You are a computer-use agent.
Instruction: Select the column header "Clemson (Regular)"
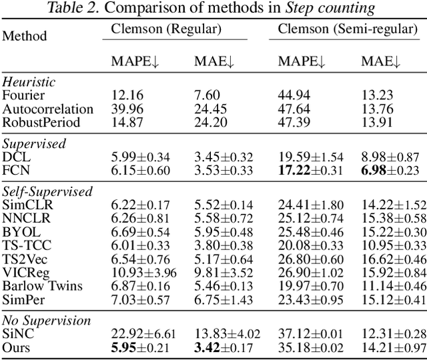tap(166, 29)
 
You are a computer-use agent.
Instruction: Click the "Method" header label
tap(25, 35)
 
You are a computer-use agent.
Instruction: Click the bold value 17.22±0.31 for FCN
tap(310, 170)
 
